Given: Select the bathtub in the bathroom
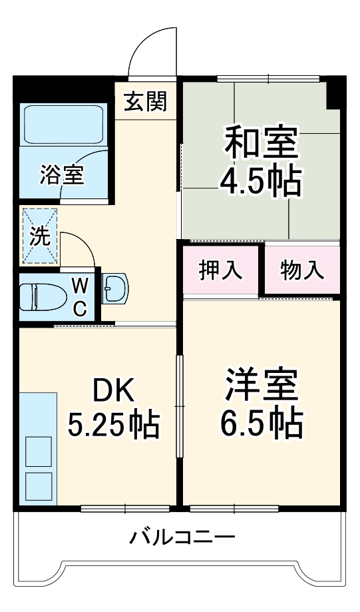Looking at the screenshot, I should (x=64, y=125).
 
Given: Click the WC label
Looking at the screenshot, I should (x=79, y=297).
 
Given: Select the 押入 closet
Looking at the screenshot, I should (x=220, y=270).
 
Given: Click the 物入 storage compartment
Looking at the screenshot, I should (x=302, y=270).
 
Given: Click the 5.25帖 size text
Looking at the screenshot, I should (x=114, y=425).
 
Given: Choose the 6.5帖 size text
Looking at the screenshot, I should (x=260, y=422).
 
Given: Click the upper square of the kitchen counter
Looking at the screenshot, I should (x=38, y=452).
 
